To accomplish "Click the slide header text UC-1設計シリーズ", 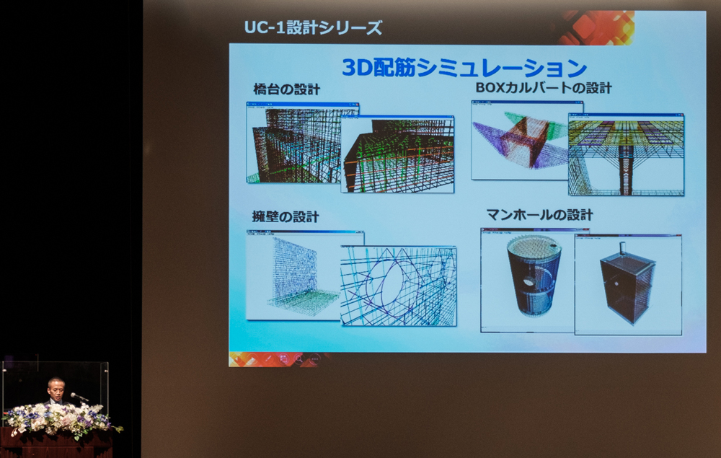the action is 313,27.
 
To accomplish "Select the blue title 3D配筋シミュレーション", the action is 464,68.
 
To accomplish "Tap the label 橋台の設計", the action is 286,89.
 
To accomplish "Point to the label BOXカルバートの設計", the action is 544,88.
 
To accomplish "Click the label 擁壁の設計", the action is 286,216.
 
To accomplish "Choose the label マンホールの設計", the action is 540,215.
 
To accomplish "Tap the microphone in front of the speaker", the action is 79,397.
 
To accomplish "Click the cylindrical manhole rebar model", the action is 534,276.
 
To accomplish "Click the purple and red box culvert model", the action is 520,140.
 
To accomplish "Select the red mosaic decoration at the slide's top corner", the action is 597,27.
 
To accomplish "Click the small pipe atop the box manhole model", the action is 623,248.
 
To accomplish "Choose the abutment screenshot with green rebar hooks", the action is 397,154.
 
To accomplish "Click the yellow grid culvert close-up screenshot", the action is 626,154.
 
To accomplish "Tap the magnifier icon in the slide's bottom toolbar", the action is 298,358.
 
